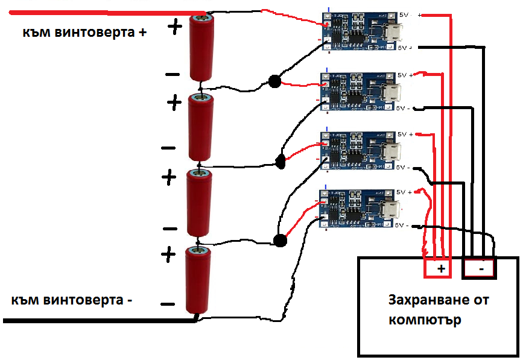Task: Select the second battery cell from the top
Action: (200, 127)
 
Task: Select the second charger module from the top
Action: (360, 92)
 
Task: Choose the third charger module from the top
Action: (360, 150)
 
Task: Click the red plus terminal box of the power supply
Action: (441, 269)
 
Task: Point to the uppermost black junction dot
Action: (274, 81)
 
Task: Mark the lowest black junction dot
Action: (279, 241)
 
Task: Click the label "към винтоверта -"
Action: (71, 300)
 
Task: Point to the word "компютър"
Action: (425, 320)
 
